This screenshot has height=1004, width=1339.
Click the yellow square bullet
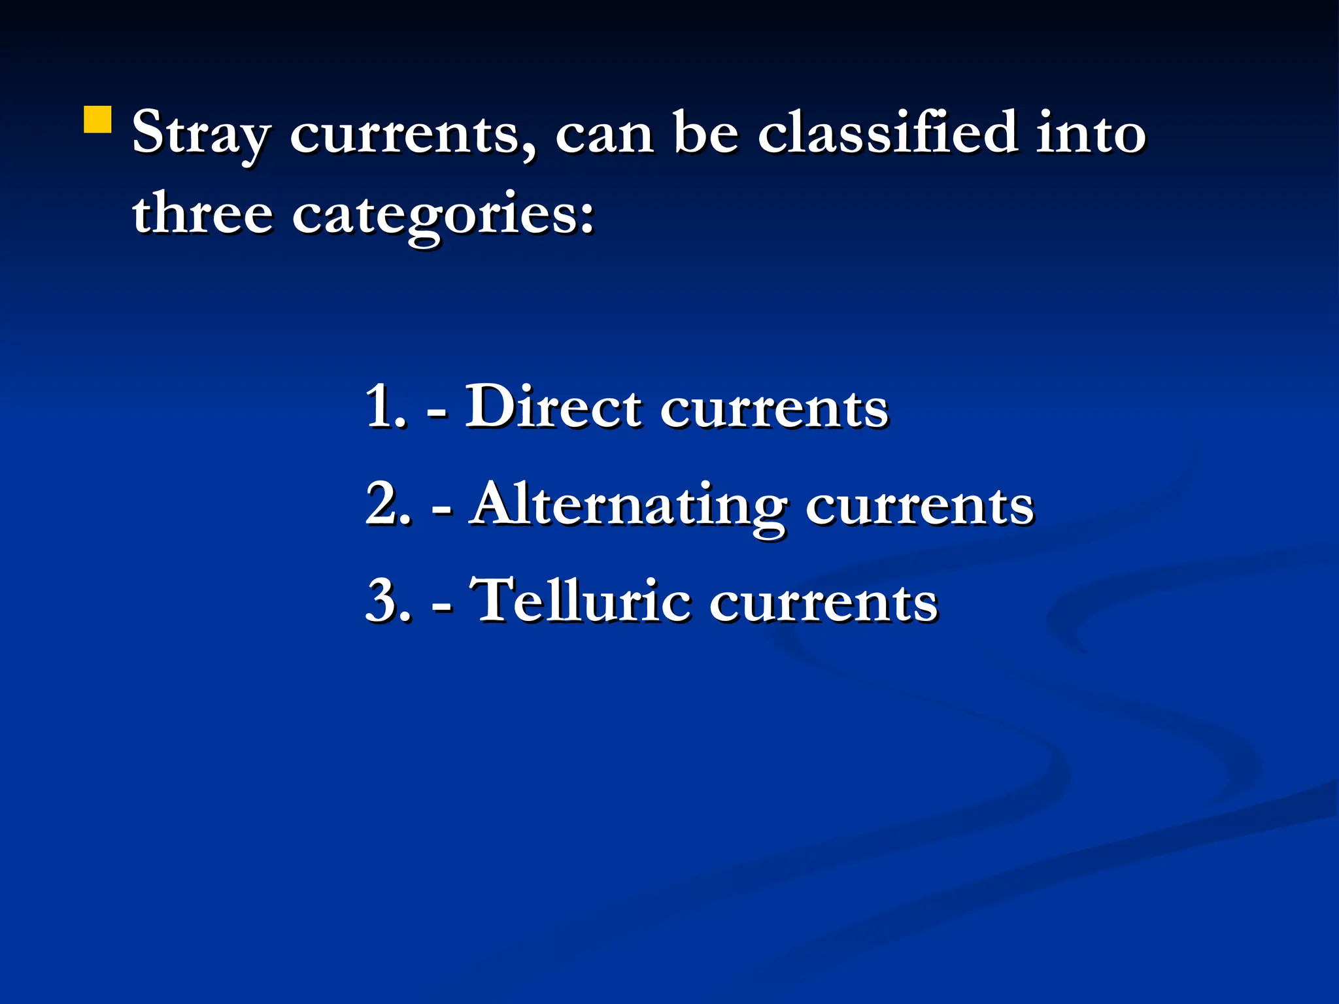[97, 120]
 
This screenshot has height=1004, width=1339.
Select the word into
[1091, 132]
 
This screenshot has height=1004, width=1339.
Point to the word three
[202, 212]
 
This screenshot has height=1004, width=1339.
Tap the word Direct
[553, 407]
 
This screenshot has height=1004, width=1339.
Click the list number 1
[384, 407]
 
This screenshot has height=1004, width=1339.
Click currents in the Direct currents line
[775, 409]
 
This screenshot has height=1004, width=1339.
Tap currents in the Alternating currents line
[919, 506]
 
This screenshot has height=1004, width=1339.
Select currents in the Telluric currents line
[824, 603]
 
